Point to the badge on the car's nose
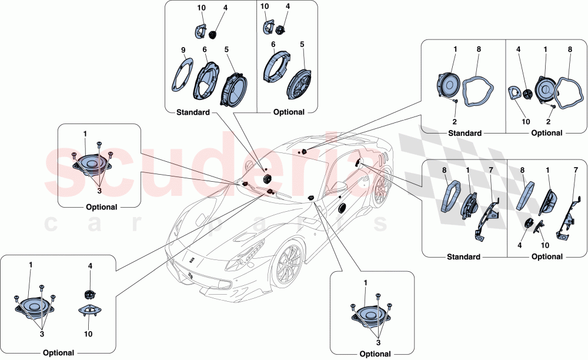click(193, 258)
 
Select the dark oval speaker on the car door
click(342, 208)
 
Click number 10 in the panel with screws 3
click(88, 334)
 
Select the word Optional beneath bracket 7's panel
click(547, 257)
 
